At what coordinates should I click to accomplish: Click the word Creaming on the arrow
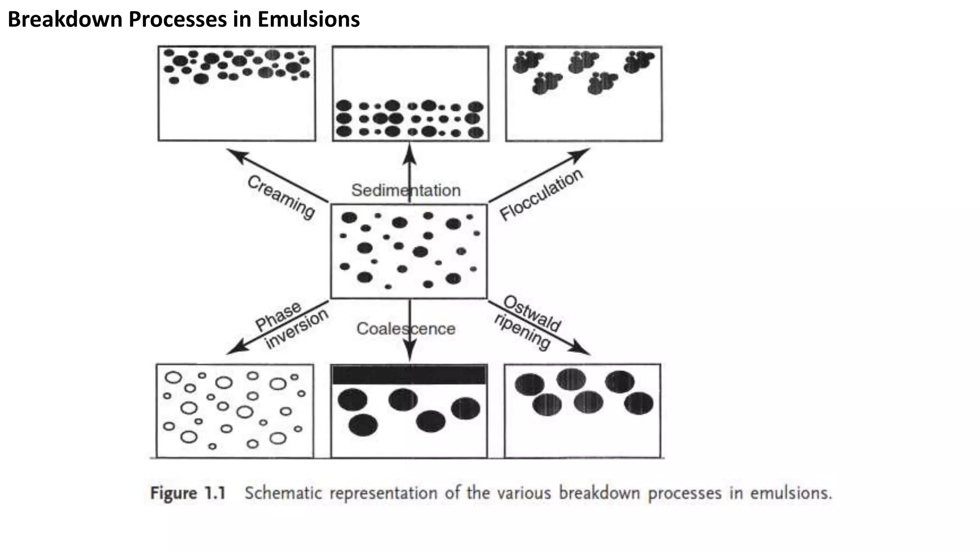(x=281, y=197)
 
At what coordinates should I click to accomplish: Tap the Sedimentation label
(x=406, y=190)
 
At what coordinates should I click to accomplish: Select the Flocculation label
(x=541, y=194)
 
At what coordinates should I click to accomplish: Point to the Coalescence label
(x=406, y=329)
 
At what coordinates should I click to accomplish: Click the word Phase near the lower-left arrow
(x=278, y=316)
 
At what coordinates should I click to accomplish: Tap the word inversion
(x=297, y=328)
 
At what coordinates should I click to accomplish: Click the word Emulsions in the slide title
(x=308, y=20)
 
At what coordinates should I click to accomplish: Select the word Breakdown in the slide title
(x=67, y=20)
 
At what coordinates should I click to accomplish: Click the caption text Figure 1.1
(x=188, y=493)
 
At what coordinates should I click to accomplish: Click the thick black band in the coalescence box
(x=409, y=374)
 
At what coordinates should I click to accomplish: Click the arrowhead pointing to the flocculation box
(x=582, y=153)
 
